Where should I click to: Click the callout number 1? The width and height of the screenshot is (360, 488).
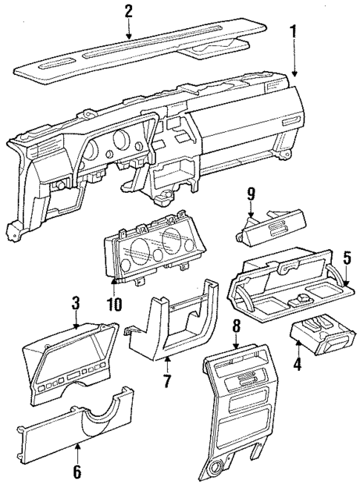click(x=295, y=32)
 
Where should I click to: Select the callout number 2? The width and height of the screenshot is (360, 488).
click(x=128, y=10)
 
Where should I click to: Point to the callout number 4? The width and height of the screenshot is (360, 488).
click(x=297, y=365)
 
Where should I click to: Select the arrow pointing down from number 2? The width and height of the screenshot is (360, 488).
click(x=128, y=30)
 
